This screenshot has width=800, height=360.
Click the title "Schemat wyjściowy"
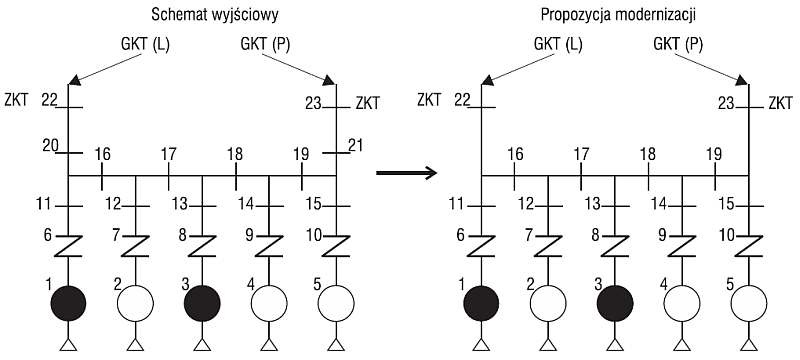pyautogui.click(x=215, y=16)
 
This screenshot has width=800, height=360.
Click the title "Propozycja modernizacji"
pyautogui.click(x=618, y=16)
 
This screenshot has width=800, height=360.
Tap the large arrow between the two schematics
pyautogui.click(x=406, y=173)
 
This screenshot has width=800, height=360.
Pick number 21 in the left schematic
pyautogui.click(x=355, y=146)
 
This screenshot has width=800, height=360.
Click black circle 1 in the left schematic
pyautogui.click(x=68, y=303)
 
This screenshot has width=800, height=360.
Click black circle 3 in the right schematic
pyautogui.click(x=615, y=303)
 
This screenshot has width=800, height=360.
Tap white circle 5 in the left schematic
pyautogui.click(x=336, y=303)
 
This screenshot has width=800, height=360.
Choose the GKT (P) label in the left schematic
pyautogui.click(x=265, y=45)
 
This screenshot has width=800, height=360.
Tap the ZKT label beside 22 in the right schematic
pyautogui.click(x=429, y=100)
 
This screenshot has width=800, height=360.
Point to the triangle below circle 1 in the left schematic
pyautogui.click(x=68, y=345)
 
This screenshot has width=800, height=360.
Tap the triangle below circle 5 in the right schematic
pyautogui.click(x=748, y=345)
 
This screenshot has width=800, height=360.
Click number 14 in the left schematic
pyautogui.click(x=245, y=205)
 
